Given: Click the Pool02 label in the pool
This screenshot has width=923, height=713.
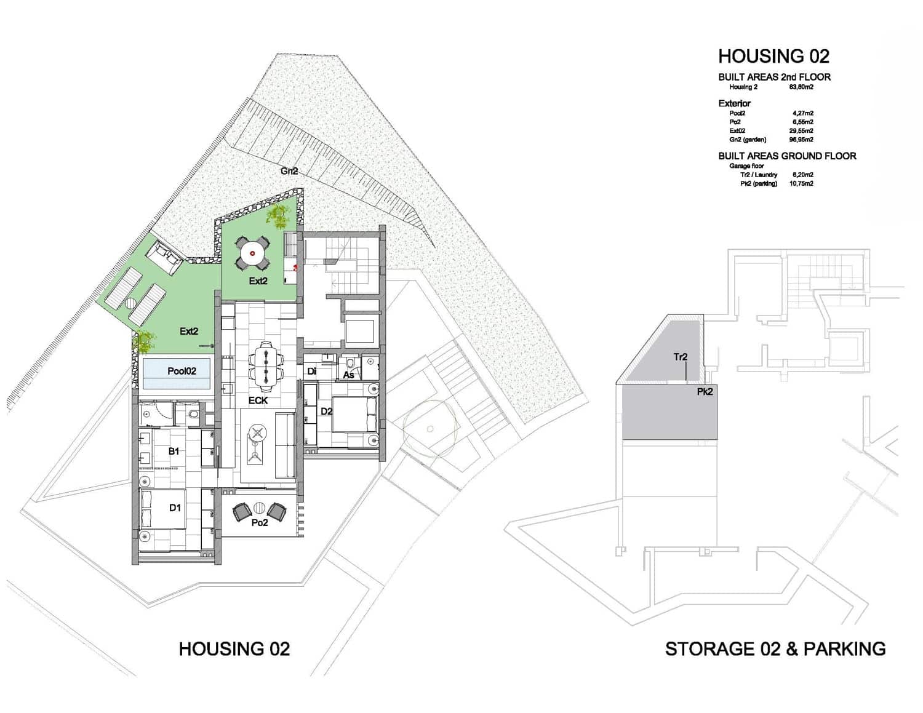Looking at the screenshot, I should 182,371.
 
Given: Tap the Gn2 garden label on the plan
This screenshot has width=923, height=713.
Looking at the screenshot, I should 289,171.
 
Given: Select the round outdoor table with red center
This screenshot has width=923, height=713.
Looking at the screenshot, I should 252,253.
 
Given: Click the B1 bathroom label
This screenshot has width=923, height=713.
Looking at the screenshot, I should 174,452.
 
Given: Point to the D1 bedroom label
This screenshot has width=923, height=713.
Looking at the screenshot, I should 175,508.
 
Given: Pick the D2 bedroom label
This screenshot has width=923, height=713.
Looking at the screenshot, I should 326,411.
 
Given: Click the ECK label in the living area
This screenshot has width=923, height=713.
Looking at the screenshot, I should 258,400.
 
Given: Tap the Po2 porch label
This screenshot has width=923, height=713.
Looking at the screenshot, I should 260,523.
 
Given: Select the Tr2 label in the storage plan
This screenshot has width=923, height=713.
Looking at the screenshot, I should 680,357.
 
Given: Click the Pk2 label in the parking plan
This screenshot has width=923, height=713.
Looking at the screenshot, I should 705,391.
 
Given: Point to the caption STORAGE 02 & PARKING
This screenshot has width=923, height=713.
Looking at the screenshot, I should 775,649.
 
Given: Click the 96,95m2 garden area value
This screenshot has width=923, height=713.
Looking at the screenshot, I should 801,140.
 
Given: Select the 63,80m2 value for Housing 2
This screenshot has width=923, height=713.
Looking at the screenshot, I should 801,87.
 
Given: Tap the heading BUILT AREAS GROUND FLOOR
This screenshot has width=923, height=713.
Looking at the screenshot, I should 787,156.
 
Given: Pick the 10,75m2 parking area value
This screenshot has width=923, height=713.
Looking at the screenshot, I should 801,183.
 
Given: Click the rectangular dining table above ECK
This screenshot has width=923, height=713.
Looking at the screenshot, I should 266,366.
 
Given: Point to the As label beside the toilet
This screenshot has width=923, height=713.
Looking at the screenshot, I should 348,375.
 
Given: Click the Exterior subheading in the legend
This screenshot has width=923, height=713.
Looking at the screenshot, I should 734,103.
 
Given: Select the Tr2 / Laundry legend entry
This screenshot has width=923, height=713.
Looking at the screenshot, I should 758,175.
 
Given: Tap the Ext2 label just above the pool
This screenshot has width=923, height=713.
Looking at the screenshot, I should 189,331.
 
